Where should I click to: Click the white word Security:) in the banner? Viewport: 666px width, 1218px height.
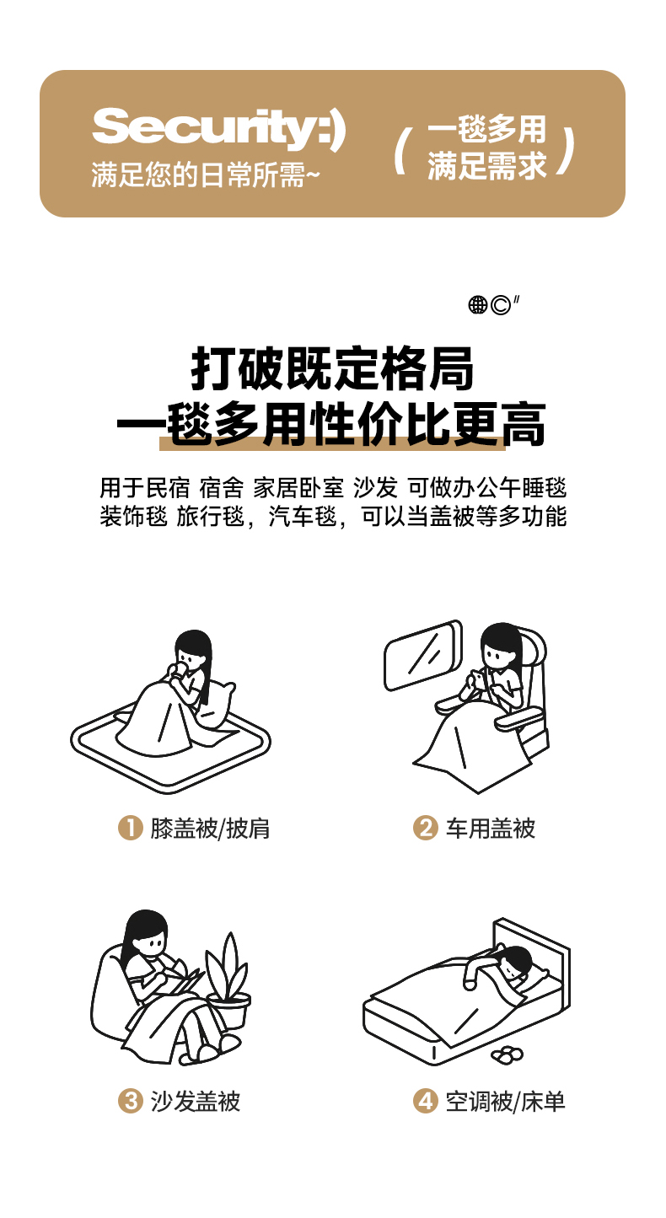(218, 128)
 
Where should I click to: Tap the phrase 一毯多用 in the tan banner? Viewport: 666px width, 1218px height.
(486, 129)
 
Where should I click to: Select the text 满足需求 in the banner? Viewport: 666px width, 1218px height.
(486, 165)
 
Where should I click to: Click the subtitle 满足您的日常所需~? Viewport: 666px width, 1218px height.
(206, 175)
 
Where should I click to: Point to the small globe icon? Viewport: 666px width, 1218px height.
(477, 304)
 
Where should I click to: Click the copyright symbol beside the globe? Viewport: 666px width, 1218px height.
(500, 305)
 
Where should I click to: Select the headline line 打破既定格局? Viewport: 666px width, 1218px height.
(332, 368)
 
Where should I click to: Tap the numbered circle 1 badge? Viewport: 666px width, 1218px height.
(131, 828)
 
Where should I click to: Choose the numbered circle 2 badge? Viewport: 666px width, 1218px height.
(425, 828)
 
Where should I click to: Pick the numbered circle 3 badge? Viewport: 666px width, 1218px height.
(131, 1101)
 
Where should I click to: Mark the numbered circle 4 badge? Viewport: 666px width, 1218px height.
(425, 1101)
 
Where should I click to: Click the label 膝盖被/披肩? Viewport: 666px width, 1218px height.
(210, 829)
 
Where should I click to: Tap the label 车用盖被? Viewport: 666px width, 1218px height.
(491, 829)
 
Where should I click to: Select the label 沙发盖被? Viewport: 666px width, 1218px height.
(196, 1102)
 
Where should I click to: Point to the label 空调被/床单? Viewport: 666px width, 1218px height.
(505, 1102)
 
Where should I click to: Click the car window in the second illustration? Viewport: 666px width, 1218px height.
(423, 655)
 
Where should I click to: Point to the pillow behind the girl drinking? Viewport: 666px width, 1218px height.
(218, 704)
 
